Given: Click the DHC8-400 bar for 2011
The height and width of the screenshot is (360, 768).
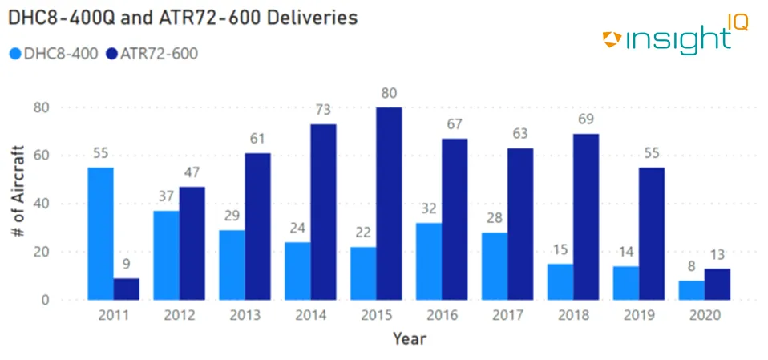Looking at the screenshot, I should click(100, 234).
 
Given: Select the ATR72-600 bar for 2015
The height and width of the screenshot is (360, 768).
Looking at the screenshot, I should click(389, 204).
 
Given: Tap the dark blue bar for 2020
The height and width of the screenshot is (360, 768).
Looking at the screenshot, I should click(717, 285).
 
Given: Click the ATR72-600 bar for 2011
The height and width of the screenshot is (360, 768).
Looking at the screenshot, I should click(126, 289).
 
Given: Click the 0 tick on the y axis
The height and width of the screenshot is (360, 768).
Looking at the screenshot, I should click(46, 300).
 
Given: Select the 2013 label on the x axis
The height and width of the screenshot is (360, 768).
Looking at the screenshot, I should click(245, 315).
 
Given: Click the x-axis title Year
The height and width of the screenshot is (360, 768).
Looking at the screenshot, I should click(409, 339).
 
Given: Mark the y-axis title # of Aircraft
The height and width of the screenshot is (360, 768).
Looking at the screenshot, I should click(18, 204).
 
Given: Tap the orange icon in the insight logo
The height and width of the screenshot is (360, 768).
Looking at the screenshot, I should click(612, 37).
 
